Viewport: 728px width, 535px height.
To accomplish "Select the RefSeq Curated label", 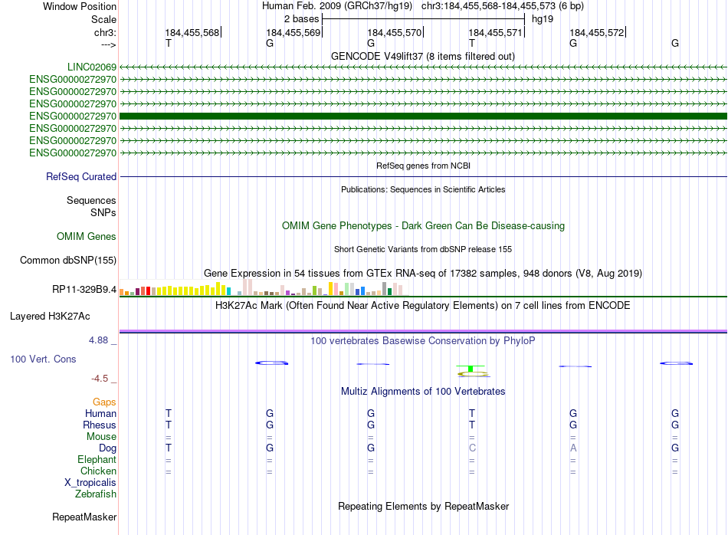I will tap(81, 177).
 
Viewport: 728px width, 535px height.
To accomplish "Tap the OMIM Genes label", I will tap(87, 237).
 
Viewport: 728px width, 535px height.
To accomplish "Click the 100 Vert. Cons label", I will tap(44, 359).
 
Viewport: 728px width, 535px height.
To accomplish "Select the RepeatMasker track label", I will tap(84, 517).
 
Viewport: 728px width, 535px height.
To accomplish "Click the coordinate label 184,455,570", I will tap(395, 33).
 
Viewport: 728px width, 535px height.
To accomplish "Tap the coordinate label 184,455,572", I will tap(597, 33).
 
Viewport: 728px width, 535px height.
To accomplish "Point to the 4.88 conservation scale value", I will tap(102, 340).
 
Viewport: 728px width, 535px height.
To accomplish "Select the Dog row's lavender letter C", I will tap(472, 448).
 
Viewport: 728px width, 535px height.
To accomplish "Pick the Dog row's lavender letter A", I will tap(573, 448).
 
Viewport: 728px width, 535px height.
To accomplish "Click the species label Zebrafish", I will tap(96, 494).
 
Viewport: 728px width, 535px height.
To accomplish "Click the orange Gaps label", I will tap(104, 402).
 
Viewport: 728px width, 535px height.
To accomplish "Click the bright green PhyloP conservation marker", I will tap(471, 369).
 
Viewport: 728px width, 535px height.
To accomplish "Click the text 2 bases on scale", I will tap(300, 18).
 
